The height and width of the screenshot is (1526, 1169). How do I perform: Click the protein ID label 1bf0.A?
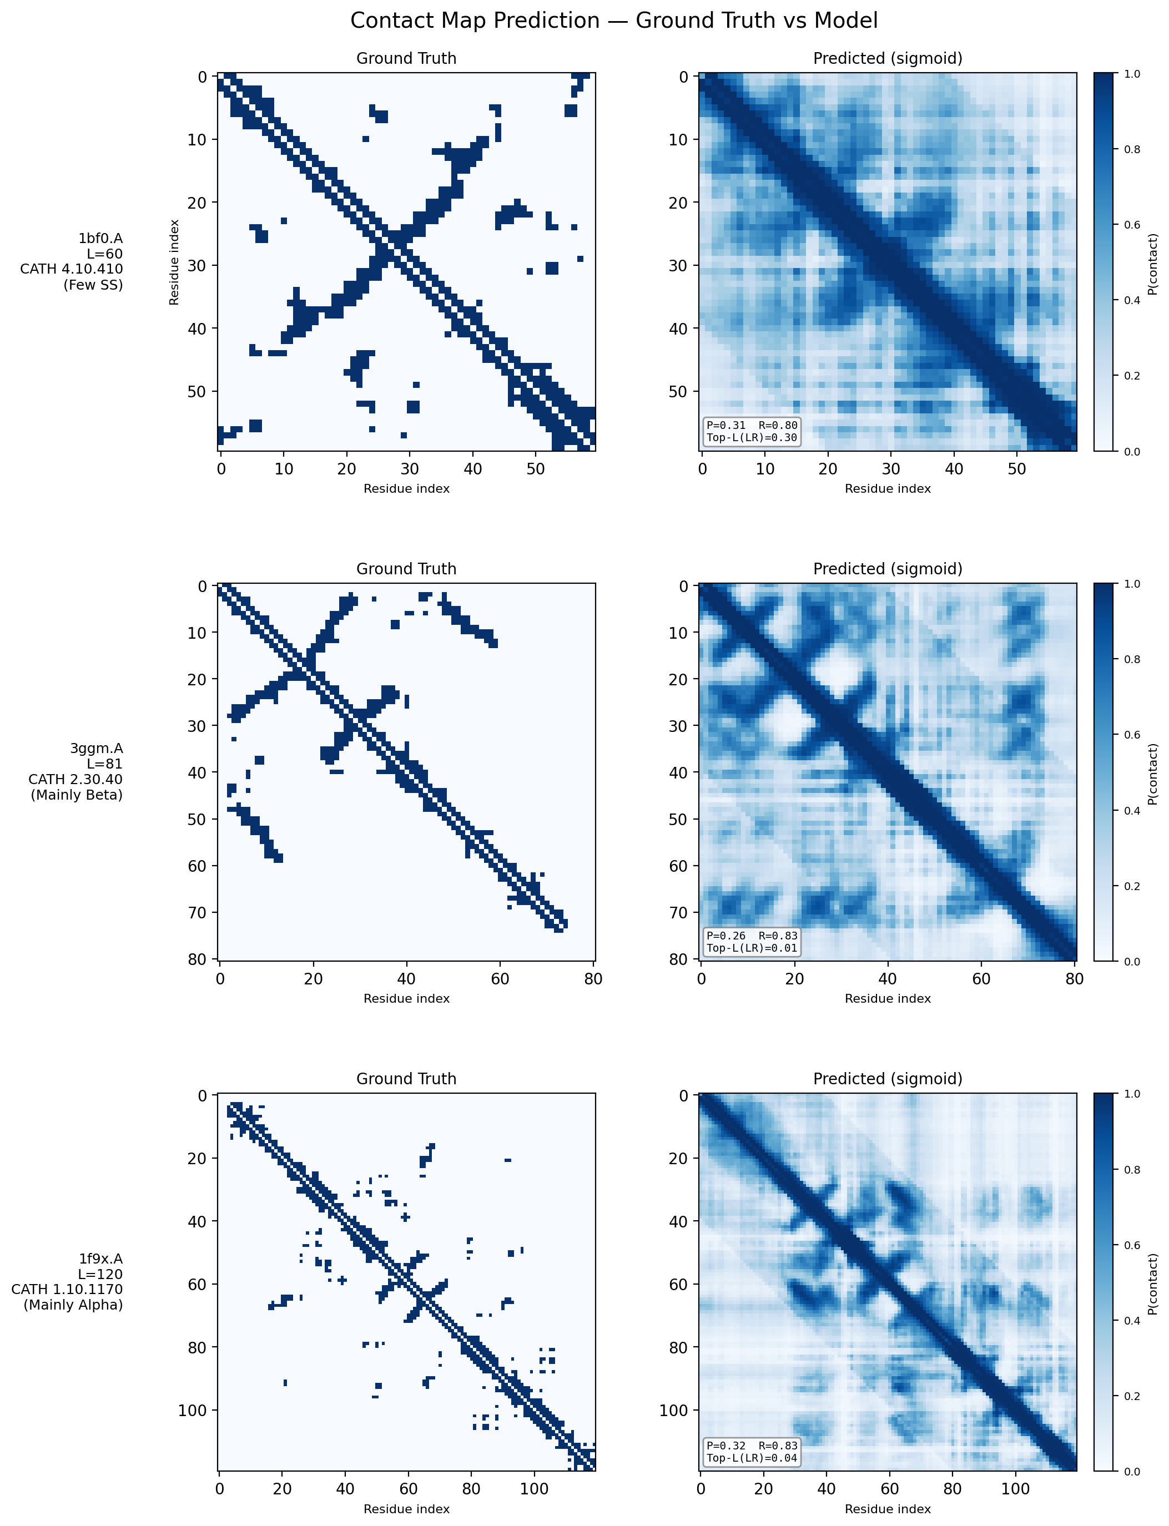tap(100, 239)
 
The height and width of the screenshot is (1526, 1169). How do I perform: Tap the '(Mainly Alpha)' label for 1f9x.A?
tap(73, 1305)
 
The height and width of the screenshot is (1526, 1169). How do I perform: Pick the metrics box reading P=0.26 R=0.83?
tap(752, 942)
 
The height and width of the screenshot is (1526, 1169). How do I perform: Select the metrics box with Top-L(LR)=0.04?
tap(752, 1452)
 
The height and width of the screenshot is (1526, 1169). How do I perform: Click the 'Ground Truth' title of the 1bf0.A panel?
tap(406, 58)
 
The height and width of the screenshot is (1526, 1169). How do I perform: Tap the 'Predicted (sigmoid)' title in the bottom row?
tap(888, 1079)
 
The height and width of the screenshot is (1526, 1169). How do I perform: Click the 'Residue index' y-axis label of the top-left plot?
tap(175, 262)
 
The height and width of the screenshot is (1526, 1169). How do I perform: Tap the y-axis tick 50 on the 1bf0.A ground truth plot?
tap(197, 392)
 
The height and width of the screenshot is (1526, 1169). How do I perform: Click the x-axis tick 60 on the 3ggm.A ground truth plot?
tap(500, 979)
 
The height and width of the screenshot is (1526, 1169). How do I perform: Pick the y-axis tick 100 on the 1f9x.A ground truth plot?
tap(192, 1410)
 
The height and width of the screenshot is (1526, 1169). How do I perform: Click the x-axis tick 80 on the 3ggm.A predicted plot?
tap(1075, 979)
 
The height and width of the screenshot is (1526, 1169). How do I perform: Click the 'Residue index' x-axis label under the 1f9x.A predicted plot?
tap(888, 1509)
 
